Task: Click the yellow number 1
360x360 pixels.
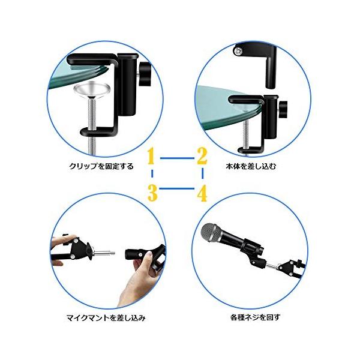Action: tap(152, 157)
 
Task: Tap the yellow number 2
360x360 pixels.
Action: tap(202, 157)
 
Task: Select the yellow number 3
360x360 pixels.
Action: tap(152, 193)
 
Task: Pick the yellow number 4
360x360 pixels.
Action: tap(202, 193)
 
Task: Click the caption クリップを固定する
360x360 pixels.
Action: tap(101, 166)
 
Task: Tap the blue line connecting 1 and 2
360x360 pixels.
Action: tap(177, 158)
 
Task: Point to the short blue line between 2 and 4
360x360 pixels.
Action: tap(202, 175)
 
